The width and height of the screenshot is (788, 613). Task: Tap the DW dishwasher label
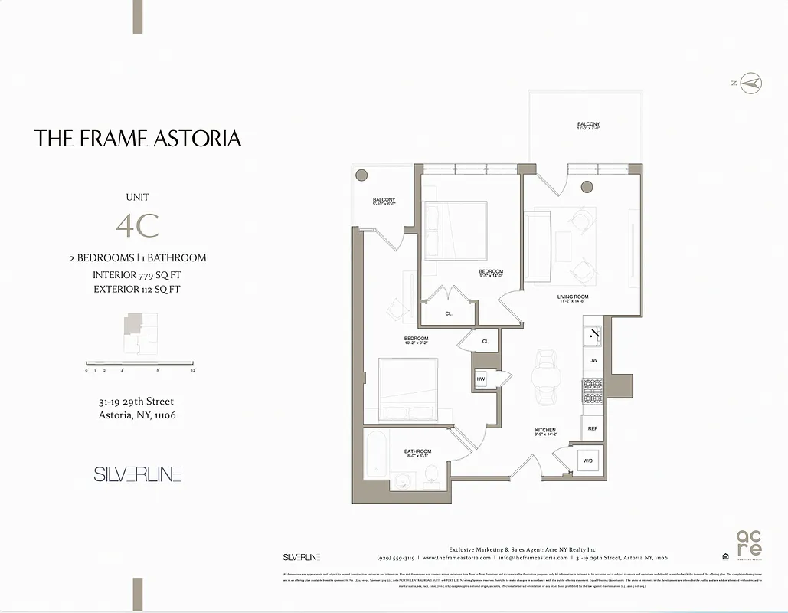tap(593, 359)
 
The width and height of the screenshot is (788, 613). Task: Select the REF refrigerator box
tap(593, 428)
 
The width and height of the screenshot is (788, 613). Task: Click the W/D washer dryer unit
tap(588, 461)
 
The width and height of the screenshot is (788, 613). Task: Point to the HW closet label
tap(481, 379)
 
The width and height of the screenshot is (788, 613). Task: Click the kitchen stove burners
tap(593, 392)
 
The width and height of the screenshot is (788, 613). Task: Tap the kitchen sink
tap(593, 335)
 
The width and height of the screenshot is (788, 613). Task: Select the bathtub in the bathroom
tap(376, 457)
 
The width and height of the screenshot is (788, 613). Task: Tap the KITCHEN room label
tap(545, 432)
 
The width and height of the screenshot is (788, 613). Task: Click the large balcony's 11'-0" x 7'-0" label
tap(588, 127)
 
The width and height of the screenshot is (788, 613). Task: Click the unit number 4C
tap(137, 225)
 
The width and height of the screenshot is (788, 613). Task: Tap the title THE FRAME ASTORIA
tap(138, 139)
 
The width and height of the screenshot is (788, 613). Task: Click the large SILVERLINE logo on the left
tap(138, 474)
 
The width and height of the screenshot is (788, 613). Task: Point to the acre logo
tap(748, 543)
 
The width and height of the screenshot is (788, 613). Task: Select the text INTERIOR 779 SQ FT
tap(137, 274)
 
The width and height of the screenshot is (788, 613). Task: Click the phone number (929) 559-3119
tap(396, 558)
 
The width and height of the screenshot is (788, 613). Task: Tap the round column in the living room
tap(587, 186)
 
